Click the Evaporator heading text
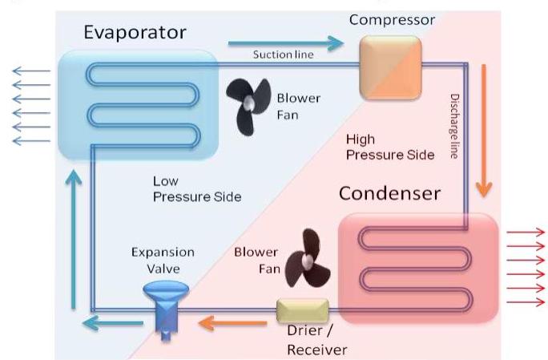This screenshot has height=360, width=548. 135,32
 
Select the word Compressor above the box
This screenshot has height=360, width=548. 392,19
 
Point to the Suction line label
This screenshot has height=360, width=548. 283,55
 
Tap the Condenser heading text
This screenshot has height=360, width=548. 389,193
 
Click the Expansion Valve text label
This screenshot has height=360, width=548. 163,261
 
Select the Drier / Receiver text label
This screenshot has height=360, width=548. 317,340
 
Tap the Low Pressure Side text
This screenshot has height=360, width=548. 196,188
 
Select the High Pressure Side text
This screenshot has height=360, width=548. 390,147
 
